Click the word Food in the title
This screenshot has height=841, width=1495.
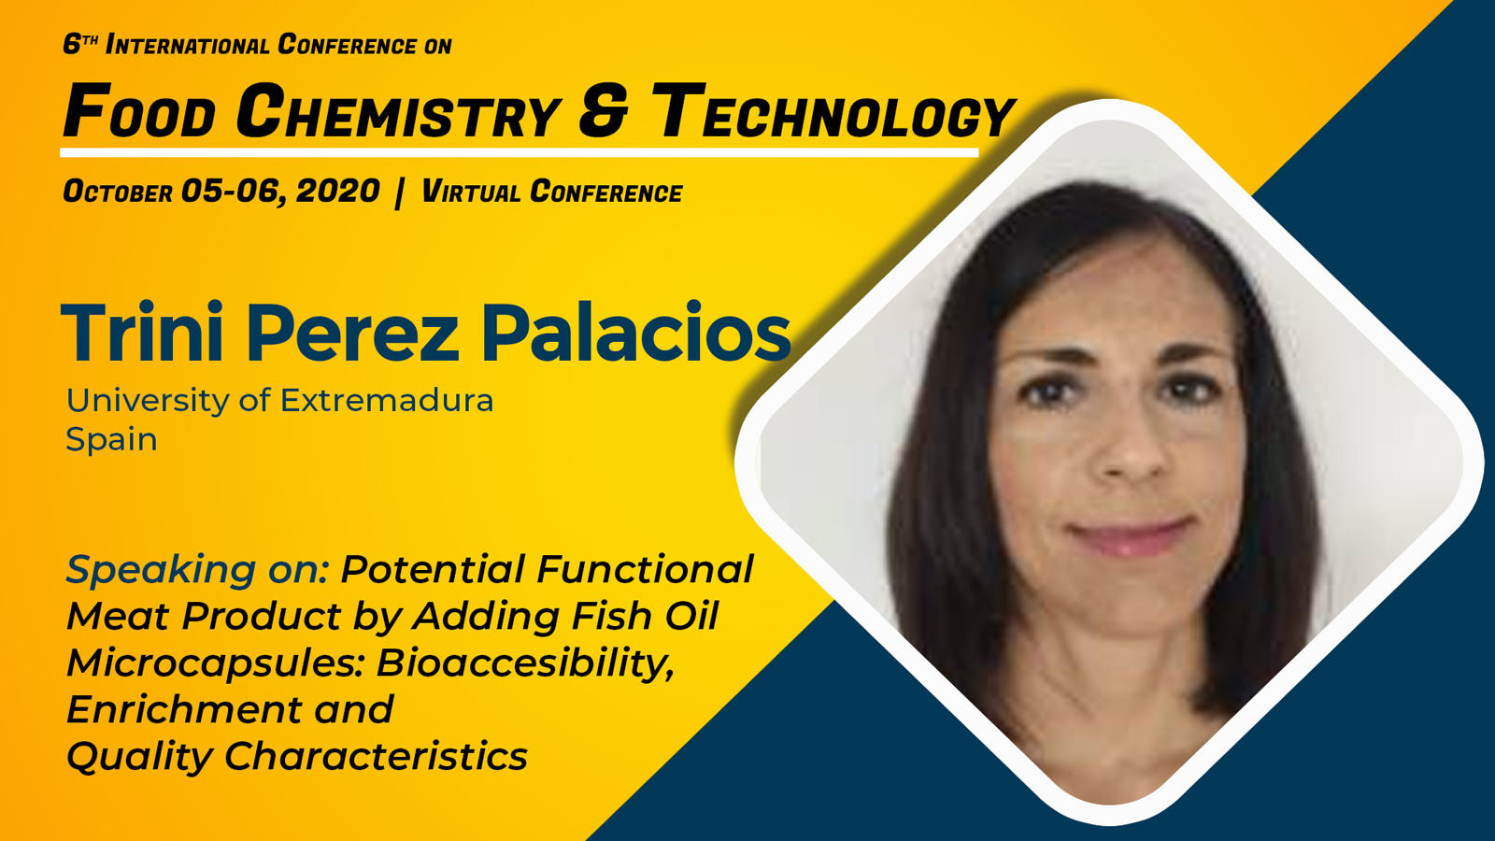139,111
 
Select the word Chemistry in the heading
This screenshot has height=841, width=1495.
398,111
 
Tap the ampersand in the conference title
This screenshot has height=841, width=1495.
604,111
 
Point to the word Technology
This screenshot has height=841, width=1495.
833,112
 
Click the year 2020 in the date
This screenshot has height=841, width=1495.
337,192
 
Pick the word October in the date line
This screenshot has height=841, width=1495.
118,192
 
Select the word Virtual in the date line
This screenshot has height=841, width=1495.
471,192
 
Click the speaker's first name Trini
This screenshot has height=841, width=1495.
141,333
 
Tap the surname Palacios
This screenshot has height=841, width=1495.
636,333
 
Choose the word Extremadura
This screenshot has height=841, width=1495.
387,401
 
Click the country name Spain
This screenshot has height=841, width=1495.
111,440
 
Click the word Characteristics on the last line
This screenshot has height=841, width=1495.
376,756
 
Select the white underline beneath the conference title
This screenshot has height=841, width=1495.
520,153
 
